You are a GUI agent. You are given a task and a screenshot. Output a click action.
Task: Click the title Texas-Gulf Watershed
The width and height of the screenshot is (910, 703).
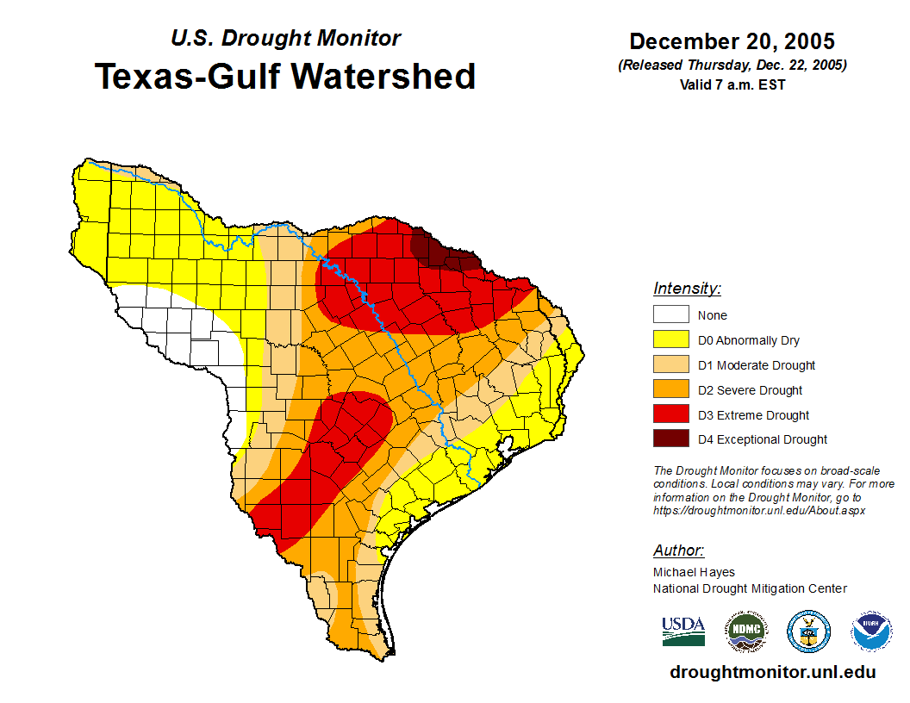tap(284, 77)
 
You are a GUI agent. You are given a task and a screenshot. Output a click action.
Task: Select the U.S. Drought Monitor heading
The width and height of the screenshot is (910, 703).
tap(285, 39)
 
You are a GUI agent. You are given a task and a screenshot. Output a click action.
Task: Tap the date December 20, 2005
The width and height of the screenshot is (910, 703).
tap(732, 41)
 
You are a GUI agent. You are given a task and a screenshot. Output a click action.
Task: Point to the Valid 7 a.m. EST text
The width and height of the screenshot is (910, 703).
tap(732, 84)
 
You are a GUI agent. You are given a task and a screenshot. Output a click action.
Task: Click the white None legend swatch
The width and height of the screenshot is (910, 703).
tap(670, 314)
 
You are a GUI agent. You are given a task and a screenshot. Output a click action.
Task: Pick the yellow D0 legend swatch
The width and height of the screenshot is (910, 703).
tap(670, 339)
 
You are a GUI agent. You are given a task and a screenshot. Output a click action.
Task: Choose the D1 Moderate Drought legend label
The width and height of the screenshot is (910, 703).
tap(756, 365)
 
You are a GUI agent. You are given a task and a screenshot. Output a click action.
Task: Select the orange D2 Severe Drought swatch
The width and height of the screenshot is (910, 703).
tap(670, 389)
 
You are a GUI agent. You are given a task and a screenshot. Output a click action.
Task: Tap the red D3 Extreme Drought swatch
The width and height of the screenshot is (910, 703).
tap(670, 414)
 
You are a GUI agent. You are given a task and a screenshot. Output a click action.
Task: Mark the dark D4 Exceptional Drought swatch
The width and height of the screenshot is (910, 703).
tap(670, 439)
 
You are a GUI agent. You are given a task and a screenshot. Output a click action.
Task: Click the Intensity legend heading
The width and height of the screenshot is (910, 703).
tap(687, 289)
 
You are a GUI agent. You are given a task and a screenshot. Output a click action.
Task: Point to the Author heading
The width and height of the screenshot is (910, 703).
tap(678, 551)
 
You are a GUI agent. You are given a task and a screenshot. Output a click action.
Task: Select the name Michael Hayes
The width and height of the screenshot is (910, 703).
tap(694, 572)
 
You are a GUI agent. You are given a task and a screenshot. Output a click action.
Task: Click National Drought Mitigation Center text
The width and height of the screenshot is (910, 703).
tap(750, 588)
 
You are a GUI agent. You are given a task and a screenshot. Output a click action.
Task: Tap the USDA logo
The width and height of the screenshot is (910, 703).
tap(683, 631)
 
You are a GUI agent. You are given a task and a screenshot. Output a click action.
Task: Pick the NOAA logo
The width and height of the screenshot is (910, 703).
tap(871, 631)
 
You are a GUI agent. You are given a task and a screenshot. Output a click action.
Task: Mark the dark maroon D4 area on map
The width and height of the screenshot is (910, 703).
tap(441, 252)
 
